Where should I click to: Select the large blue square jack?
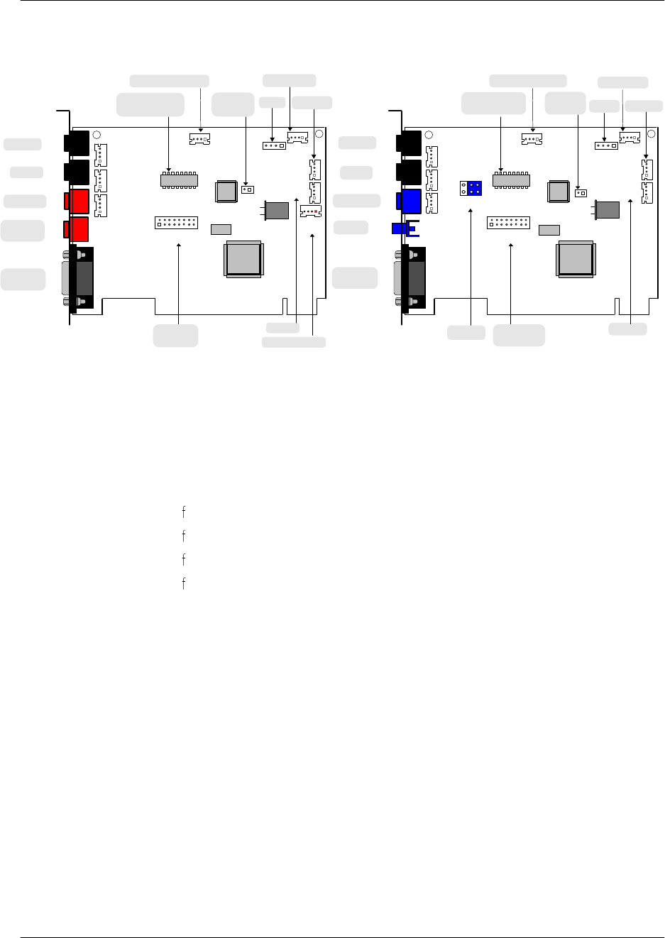(x=411, y=201)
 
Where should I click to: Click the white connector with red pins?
(x=311, y=211)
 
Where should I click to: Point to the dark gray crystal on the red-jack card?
(x=277, y=210)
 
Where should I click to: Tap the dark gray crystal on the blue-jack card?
(x=608, y=209)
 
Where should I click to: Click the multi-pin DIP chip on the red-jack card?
(x=179, y=180)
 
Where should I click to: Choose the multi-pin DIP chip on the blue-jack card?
(x=511, y=180)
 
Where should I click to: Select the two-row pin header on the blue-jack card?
(x=508, y=223)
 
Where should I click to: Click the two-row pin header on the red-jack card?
(x=176, y=223)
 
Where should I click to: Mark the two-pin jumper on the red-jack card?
(x=248, y=190)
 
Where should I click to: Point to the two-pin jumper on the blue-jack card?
(x=581, y=192)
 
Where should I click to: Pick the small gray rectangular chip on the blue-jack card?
(x=549, y=230)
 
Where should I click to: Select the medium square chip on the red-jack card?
(x=226, y=191)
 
